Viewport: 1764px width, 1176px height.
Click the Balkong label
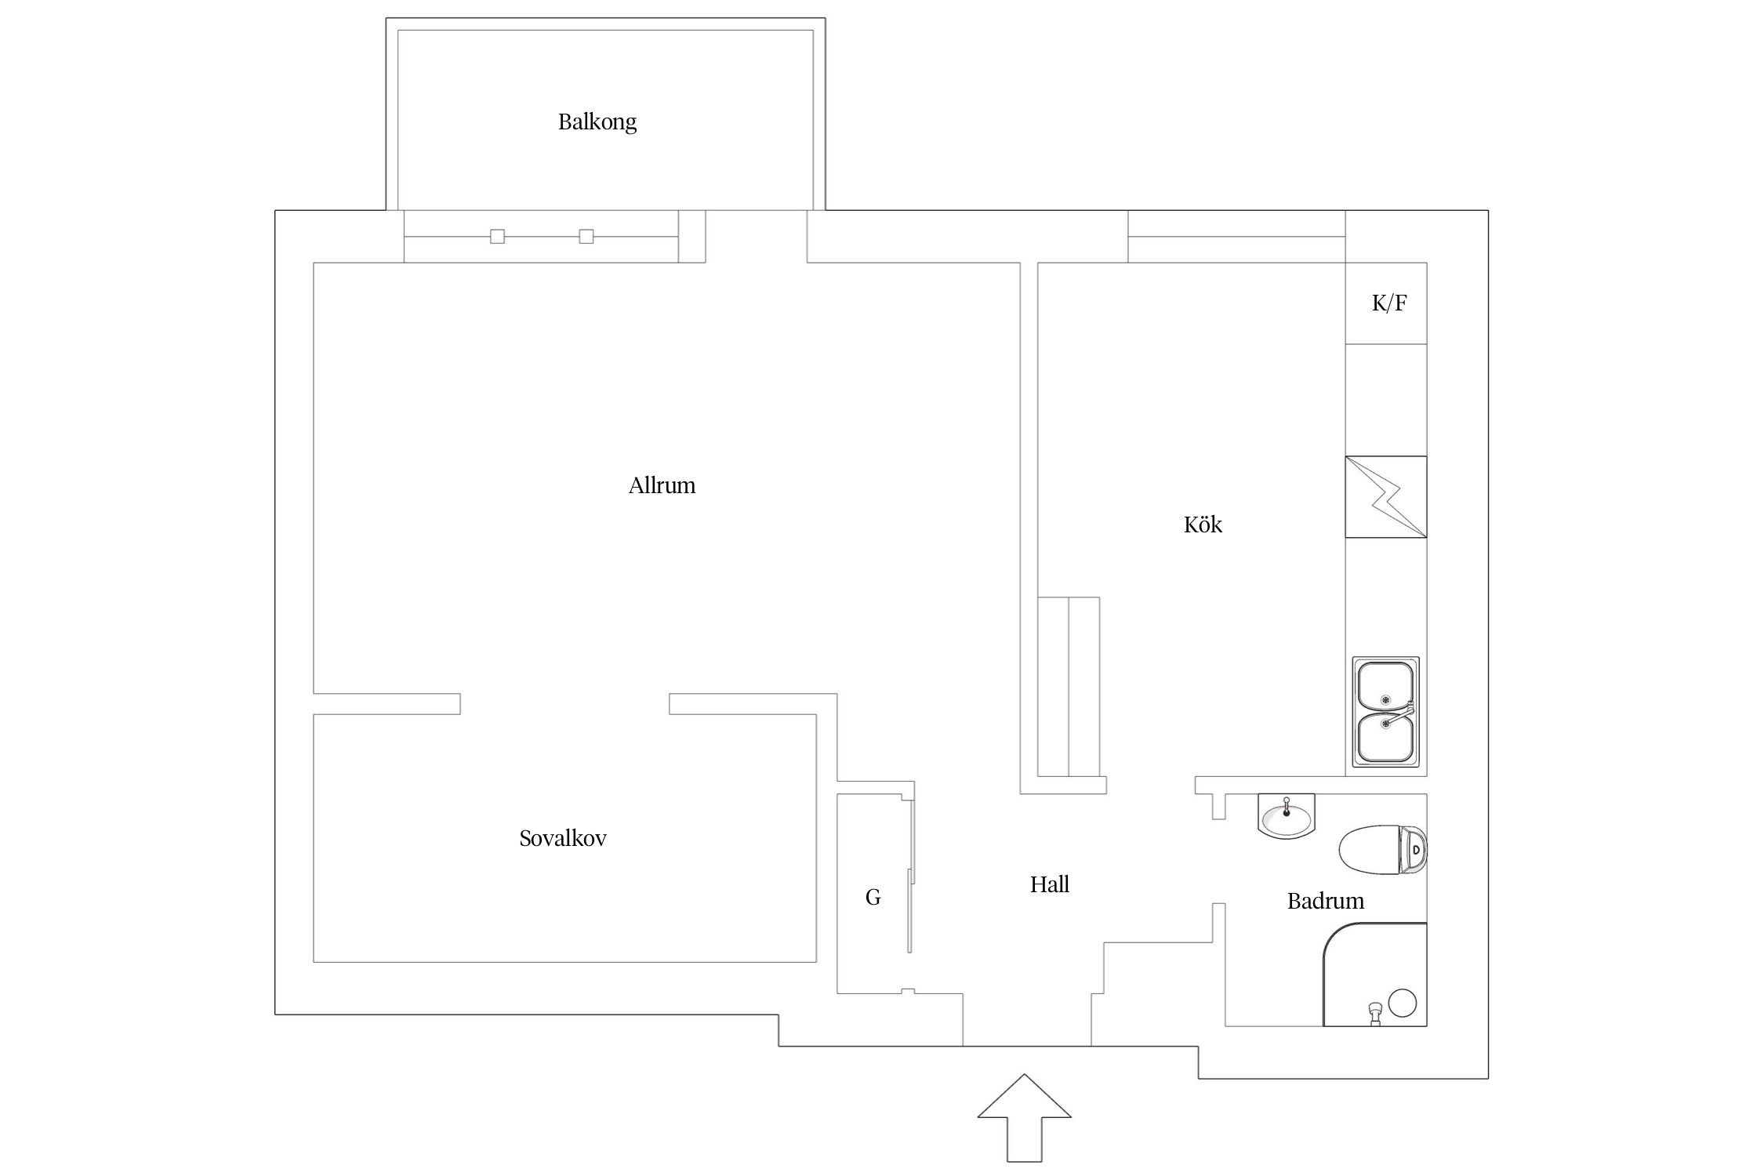pyautogui.click(x=597, y=122)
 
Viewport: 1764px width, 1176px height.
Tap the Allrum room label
pyautogui.click(x=662, y=485)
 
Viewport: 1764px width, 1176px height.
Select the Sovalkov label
pyautogui.click(x=563, y=838)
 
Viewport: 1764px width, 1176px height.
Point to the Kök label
pyautogui.click(x=1203, y=524)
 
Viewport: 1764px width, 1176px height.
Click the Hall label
pyautogui.click(x=1050, y=884)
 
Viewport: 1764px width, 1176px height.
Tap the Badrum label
pyautogui.click(x=1326, y=901)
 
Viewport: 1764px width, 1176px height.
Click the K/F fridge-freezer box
pyautogui.click(x=1386, y=303)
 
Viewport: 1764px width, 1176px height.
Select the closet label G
pyautogui.click(x=873, y=898)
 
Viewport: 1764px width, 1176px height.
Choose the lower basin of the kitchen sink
pyautogui.click(x=1385, y=737)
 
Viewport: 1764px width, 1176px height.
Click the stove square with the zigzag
pyautogui.click(x=1386, y=497)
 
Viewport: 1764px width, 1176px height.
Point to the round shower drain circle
pyautogui.click(x=1403, y=1003)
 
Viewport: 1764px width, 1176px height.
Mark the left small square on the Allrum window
pyautogui.click(x=497, y=236)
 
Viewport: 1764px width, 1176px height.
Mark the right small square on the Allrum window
pyautogui.click(x=586, y=236)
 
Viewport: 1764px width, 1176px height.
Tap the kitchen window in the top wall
pyautogui.click(x=1237, y=236)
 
